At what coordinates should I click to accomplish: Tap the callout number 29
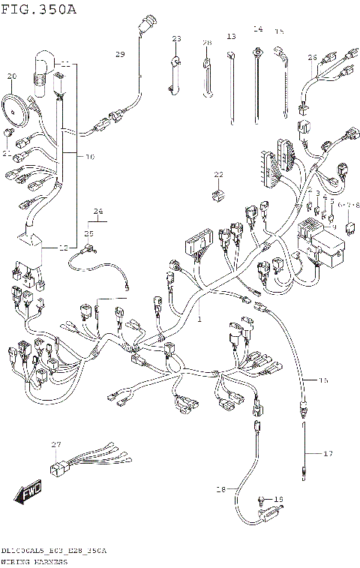tap(120, 55)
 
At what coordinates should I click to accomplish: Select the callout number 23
tap(177, 38)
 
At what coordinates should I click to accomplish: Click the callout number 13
tap(231, 36)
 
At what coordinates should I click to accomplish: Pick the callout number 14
tap(257, 29)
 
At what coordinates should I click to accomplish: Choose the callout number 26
tap(312, 56)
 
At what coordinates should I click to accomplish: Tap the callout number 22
tap(218, 174)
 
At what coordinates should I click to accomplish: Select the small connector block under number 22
tap(217, 194)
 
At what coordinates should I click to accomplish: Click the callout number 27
tap(55, 446)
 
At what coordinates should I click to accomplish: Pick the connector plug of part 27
tap(58, 470)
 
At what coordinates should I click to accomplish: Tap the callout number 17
tap(327, 453)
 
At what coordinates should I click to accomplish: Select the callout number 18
tap(220, 489)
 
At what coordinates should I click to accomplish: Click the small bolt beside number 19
tap(262, 500)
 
